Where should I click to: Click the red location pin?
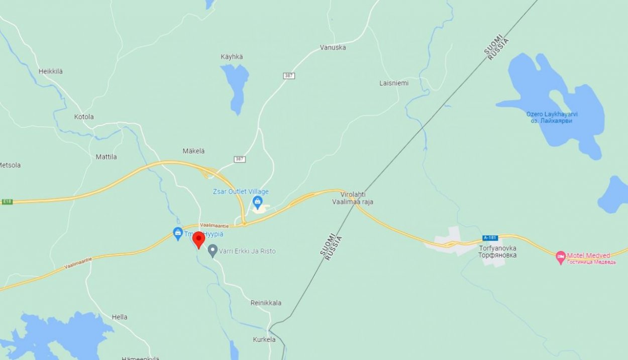[x=198, y=239]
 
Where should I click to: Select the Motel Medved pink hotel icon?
[x=561, y=258]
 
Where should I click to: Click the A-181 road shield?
[x=490, y=237]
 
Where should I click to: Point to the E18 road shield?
[x=7, y=201]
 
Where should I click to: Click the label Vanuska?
[x=333, y=48]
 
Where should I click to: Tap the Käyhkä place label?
[x=232, y=57]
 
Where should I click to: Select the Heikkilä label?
[x=51, y=71]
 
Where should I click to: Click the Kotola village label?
[x=84, y=117]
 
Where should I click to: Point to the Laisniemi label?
[x=394, y=83]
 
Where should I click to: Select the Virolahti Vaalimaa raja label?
[x=353, y=198]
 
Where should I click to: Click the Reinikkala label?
[x=266, y=303]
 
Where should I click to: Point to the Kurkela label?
[x=264, y=339]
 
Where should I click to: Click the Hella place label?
[x=120, y=317]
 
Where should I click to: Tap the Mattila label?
[x=106, y=157]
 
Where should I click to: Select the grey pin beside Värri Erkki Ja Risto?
[x=213, y=251]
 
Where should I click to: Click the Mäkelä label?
[x=193, y=151]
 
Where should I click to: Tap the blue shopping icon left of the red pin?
[x=177, y=233]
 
